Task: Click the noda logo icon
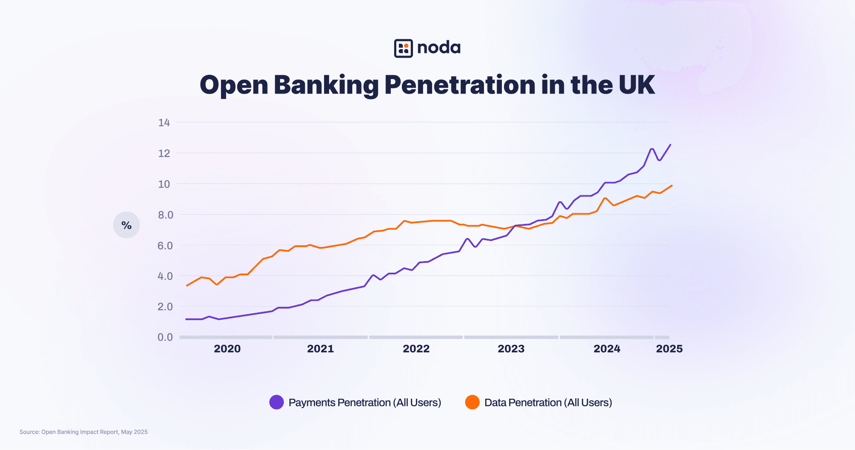[x=403, y=48]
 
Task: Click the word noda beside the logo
[x=439, y=47]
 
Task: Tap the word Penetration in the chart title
[x=460, y=85]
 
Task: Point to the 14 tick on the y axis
[x=164, y=123]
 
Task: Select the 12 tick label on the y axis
[x=164, y=153]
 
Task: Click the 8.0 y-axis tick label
[x=165, y=215]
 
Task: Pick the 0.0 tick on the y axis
[x=165, y=337]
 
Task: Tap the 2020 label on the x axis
[x=227, y=349]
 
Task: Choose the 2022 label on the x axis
[x=416, y=349]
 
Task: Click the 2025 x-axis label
[x=669, y=349]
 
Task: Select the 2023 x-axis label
[x=511, y=349]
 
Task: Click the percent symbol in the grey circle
[x=127, y=225]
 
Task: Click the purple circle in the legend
[x=277, y=402]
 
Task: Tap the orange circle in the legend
[x=472, y=402]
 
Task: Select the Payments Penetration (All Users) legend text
[x=365, y=403]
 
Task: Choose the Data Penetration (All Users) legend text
[x=548, y=403]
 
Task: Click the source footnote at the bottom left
[x=83, y=432]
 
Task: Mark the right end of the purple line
[x=670, y=145]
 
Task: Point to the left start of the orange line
[x=187, y=285]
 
